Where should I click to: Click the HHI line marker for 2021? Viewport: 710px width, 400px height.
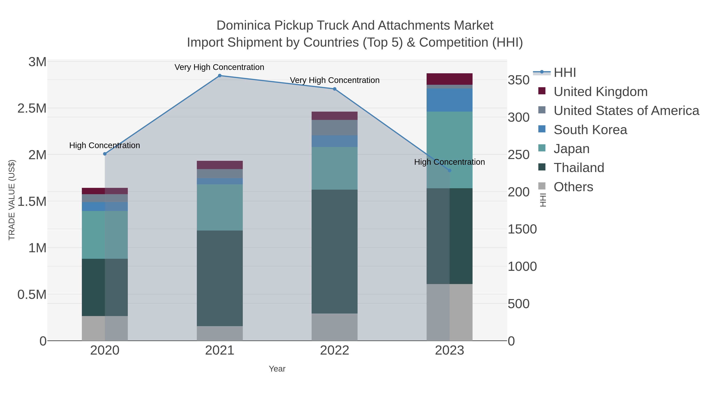tap(220, 76)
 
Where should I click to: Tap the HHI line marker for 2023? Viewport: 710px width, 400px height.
tap(449, 171)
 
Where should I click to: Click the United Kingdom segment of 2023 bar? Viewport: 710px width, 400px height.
tap(449, 79)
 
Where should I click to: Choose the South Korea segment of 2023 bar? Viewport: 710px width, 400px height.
tap(449, 100)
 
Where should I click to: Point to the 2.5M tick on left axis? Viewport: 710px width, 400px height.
tap(32, 108)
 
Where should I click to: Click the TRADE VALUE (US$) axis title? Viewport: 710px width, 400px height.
tap(12, 200)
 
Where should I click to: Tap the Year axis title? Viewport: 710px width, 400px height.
tap(277, 369)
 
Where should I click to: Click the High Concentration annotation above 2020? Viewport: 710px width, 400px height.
tap(105, 145)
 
